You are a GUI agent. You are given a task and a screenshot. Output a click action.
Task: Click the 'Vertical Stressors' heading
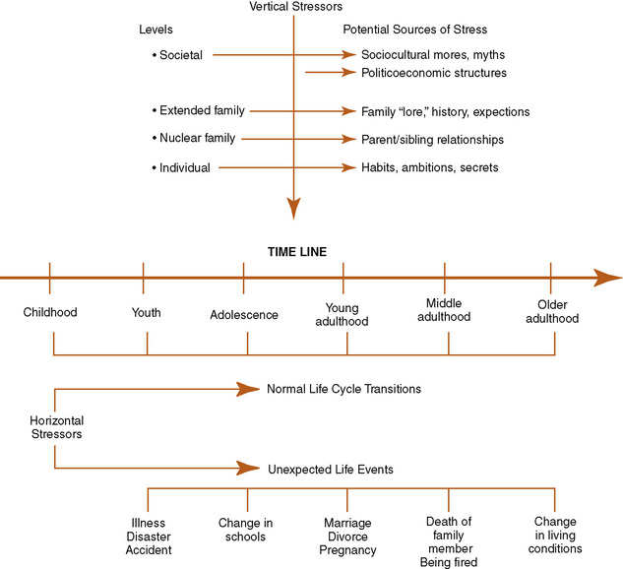click(x=292, y=8)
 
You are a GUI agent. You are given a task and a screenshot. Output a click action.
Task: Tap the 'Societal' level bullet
click(x=178, y=55)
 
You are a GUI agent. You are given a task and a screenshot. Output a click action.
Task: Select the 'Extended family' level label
click(x=199, y=111)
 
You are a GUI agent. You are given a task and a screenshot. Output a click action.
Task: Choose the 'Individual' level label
click(x=182, y=168)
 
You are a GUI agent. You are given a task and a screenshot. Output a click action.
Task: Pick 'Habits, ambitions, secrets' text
click(x=430, y=168)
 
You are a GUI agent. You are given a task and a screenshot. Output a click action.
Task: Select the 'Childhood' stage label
click(x=50, y=313)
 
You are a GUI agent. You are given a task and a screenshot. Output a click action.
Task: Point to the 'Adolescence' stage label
click(x=244, y=315)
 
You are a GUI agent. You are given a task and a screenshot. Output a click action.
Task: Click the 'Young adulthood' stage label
click(x=346, y=314)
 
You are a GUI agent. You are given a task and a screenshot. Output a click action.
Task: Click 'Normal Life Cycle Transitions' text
click(x=343, y=389)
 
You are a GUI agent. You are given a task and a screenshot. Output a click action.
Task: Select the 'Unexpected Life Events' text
click(x=330, y=470)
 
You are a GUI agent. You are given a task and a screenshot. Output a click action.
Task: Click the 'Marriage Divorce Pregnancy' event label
click(x=347, y=536)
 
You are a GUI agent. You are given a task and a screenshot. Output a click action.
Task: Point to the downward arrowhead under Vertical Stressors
click(x=293, y=209)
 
